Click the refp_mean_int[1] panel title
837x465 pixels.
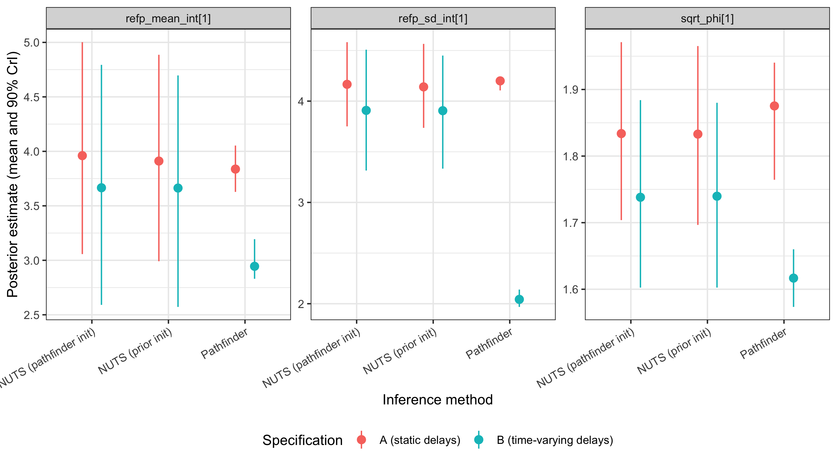(x=168, y=19)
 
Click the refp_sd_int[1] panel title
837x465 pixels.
(x=433, y=19)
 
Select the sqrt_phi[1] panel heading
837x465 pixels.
(x=707, y=19)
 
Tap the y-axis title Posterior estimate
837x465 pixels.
(x=13, y=174)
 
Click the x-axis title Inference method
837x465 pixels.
(x=437, y=400)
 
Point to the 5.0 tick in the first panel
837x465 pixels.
(x=32, y=43)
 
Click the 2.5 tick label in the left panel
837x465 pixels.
(x=32, y=315)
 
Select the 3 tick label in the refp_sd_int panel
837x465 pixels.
(x=301, y=202)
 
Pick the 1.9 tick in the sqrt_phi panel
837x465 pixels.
(x=571, y=89)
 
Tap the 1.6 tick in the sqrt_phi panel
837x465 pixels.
(x=571, y=289)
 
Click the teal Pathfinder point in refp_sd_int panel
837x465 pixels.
(x=519, y=299)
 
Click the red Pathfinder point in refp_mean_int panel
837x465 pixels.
(x=235, y=169)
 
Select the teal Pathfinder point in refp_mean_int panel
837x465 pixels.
(x=254, y=266)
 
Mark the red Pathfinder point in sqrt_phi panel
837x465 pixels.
(x=774, y=106)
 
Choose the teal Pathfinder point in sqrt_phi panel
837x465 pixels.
(x=794, y=278)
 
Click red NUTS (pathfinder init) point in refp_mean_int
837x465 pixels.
(x=82, y=156)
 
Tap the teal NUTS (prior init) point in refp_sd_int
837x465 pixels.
(x=442, y=111)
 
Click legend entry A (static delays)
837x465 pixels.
(x=419, y=440)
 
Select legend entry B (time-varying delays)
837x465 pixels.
(x=555, y=440)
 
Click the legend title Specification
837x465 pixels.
(x=302, y=440)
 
